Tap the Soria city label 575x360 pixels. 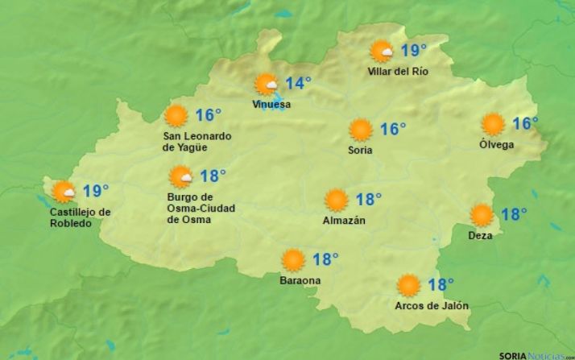point(360,150)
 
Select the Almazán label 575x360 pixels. point(344,220)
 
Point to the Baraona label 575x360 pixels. point(300,280)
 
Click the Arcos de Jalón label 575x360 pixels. point(432,305)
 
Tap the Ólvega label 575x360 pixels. point(497,144)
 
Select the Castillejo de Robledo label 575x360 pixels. point(80,218)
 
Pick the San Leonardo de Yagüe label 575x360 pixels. point(196,142)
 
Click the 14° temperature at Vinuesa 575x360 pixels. point(297,83)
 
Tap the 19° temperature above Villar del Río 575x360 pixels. point(413,52)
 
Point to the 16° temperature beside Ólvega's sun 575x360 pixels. point(525,124)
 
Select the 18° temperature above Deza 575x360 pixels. point(513,214)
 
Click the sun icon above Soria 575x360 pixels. point(360,130)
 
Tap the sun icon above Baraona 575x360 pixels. point(293,260)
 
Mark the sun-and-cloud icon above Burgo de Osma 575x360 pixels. point(181,177)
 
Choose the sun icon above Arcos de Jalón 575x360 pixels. point(409,285)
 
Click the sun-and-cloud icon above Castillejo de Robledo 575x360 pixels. point(64,192)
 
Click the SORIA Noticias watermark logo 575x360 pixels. point(536,354)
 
